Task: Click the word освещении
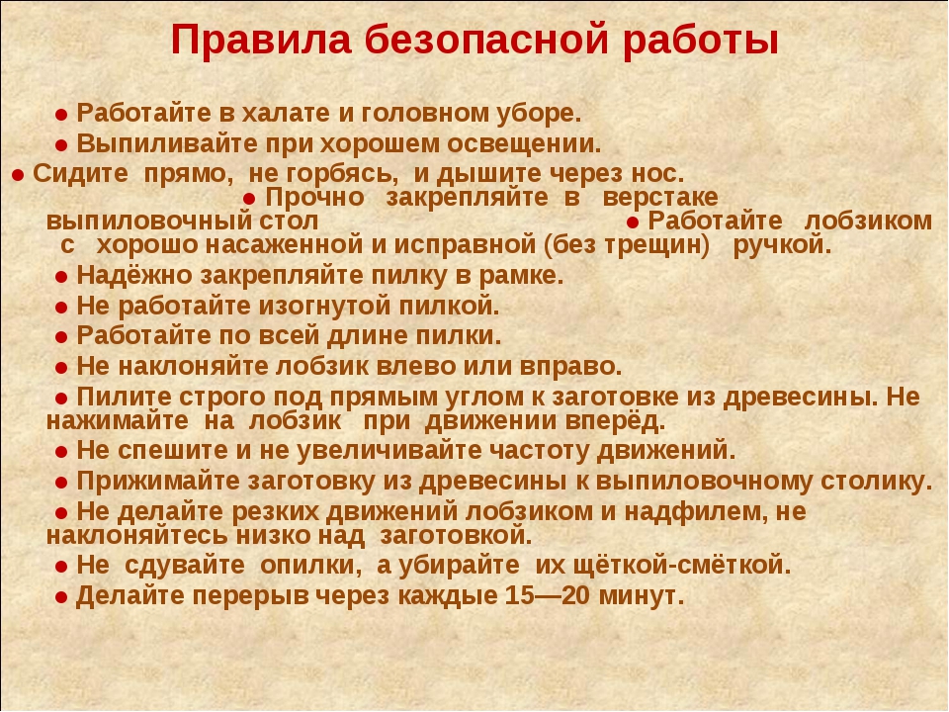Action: pyautogui.click(x=524, y=145)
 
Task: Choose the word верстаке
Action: pyautogui.click(x=660, y=198)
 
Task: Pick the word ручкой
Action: pyautogui.click(x=782, y=246)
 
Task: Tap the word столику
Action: pyautogui.click(x=877, y=482)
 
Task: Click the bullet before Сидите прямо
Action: pyautogui.click(x=18, y=176)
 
